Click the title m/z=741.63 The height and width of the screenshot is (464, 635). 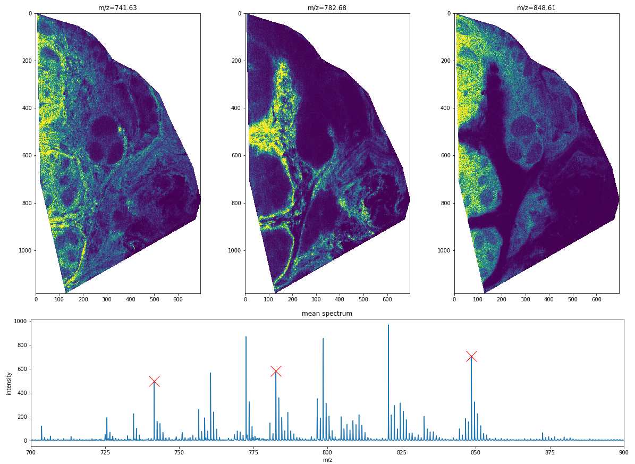pos(117,8)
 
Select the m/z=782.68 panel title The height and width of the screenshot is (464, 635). pos(327,8)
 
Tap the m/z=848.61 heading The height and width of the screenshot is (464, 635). pos(536,8)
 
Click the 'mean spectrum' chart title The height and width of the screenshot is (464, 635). pos(327,314)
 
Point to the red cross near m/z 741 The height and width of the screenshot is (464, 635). pos(154,381)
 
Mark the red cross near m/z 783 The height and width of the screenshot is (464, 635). pos(276,371)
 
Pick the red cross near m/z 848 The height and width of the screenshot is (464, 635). pos(471,356)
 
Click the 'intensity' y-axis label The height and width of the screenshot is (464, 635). pos(9,383)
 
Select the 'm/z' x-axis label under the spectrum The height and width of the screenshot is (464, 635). pos(327,460)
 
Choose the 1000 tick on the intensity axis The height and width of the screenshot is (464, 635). pos(21,322)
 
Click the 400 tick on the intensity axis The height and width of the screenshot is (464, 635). pos(22,393)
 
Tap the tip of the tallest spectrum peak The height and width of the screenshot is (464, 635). pos(388,325)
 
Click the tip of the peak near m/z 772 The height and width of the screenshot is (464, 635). pos(246,337)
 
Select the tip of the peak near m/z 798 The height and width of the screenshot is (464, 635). pos(323,339)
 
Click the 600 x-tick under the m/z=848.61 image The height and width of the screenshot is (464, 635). pos(596,299)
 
